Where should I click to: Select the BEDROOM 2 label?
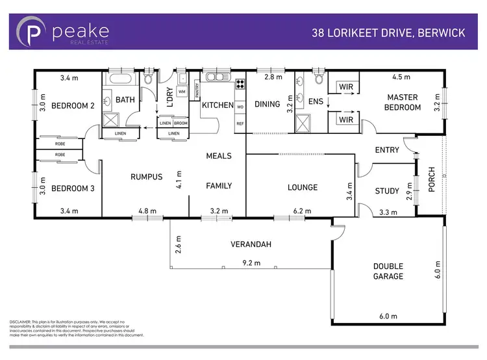73,105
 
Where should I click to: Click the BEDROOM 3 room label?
73,188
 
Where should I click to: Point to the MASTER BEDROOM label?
403,102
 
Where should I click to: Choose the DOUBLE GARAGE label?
388,271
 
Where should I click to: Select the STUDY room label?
387,191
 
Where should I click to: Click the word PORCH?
432,179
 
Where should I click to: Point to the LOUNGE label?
303,188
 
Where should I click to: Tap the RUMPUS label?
145,177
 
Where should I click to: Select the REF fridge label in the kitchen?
240,123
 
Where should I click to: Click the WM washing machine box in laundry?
181,93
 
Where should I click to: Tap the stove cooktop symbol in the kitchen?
240,83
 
